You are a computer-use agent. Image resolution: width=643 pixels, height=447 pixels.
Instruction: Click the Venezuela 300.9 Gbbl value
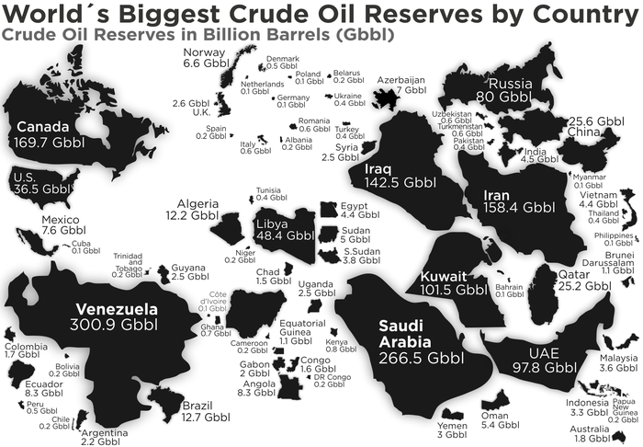click(117, 325)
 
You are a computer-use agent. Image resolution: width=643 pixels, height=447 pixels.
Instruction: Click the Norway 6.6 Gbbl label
click(204, 58)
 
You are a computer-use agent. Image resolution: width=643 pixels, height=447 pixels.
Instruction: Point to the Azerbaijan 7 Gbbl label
click(401, 86)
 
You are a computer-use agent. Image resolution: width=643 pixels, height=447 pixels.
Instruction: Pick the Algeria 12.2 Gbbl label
click(191, 209)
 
